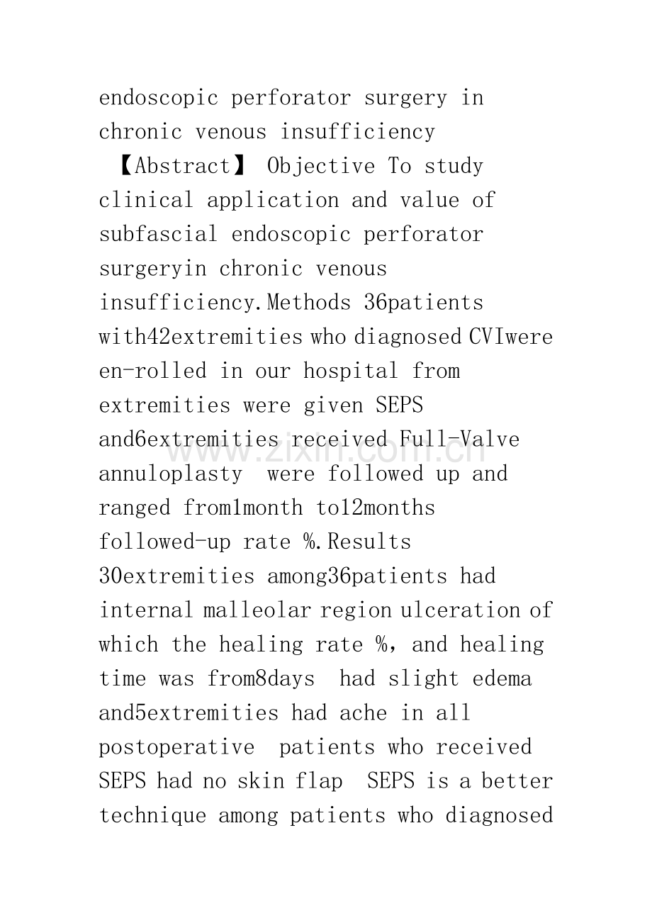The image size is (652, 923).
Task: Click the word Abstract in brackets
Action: tap(183, 166)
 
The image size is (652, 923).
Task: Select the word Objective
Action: tap(322, 166)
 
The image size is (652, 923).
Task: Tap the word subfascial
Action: tap(159, 234)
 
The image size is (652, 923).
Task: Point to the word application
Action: tap(273, 200)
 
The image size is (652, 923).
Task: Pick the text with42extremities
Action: tap(201, 337)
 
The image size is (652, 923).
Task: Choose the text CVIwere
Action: tap(511, 337)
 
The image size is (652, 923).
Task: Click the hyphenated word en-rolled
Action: tap(153, 371)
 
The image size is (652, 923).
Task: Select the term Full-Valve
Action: tap(459, 440)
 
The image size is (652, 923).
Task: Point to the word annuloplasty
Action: tap(171, 474)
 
